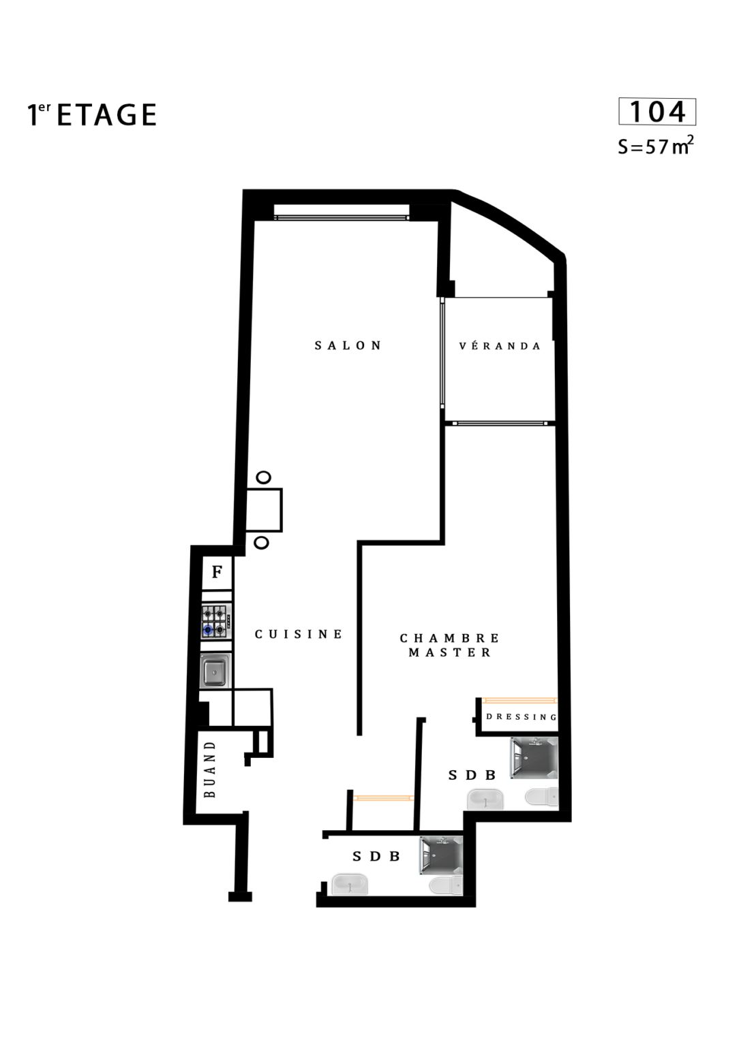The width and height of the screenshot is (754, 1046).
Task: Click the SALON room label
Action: [x=348, y=345]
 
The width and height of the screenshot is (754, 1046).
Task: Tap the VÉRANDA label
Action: [x=500, y=346]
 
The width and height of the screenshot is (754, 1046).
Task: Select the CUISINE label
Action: [x=298, y=634]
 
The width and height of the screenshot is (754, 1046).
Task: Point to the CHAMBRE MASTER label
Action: [x=450, y=646]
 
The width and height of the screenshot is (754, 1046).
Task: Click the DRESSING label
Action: [x=522, y=717]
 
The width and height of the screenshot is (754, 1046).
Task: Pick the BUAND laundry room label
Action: [x=211, y=769]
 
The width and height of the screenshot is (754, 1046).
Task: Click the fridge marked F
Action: [x=217, y=573]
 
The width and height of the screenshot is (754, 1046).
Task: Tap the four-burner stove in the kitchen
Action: [x=216, y=622]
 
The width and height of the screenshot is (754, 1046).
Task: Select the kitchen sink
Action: [x=215, y=671]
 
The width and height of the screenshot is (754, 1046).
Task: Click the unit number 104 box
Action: [x=657, y=112]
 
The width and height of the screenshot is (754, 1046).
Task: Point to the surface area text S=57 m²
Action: [x=656, y=146]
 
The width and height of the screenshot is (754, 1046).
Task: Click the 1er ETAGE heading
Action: [x=91, y=115]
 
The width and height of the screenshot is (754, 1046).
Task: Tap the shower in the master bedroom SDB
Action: [x=534, y=758]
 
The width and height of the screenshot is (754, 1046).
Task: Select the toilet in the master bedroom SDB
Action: [x=542, y=797]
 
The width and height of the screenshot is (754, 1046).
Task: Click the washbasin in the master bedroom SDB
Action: [x=485, y=799]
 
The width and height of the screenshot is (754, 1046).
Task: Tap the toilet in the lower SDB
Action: [x=446, y=885]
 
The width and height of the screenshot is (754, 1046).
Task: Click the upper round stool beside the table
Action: [x=264, y=477]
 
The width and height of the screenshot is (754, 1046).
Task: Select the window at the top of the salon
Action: [x=342, y=218]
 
